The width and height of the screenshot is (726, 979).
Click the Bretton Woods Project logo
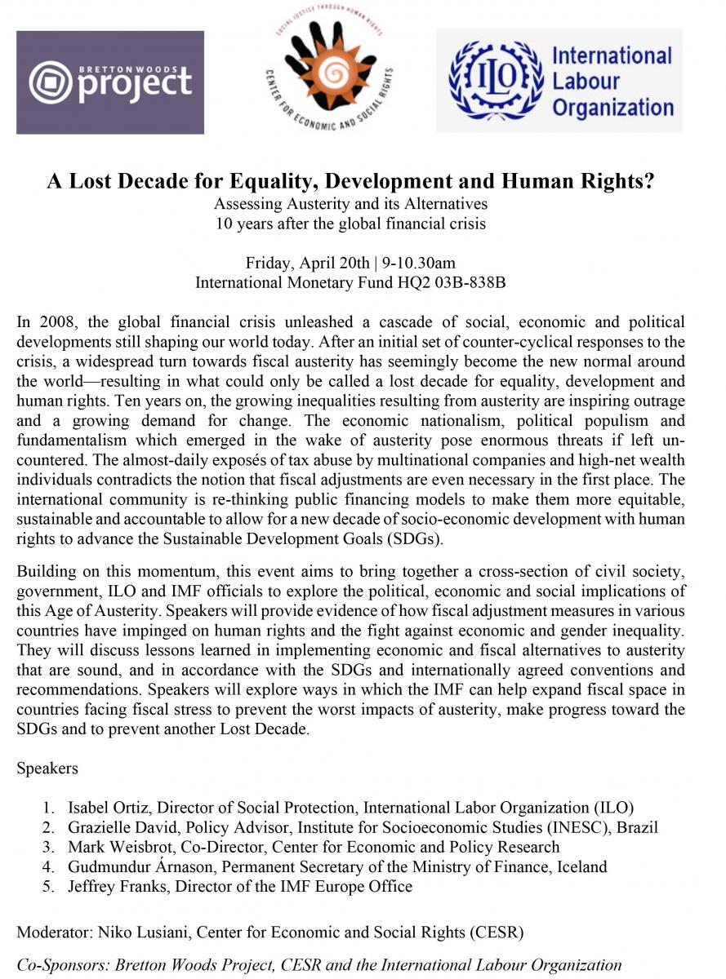[110, 82]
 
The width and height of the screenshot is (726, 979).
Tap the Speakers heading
[47, 768]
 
